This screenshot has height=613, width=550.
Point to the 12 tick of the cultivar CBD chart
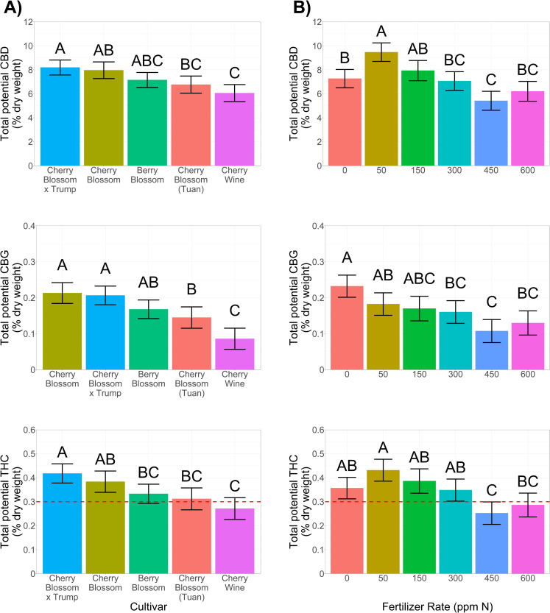pos(28,22)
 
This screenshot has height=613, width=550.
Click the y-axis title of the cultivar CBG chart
pos(12,297)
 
